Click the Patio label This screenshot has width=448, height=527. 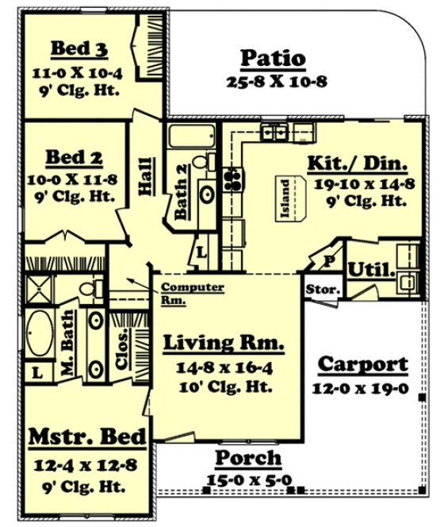tap(272, 58)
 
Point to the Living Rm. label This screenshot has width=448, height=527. tap(224, 343)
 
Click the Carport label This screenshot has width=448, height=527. tap(362, 364)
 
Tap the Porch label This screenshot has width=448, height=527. tap(248, 458)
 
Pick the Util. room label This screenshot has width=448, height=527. tap(371, 270)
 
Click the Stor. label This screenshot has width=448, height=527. tap(323, 290)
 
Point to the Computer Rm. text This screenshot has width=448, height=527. tap(191, 294)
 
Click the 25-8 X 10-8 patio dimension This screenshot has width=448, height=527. tap(272, 81)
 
